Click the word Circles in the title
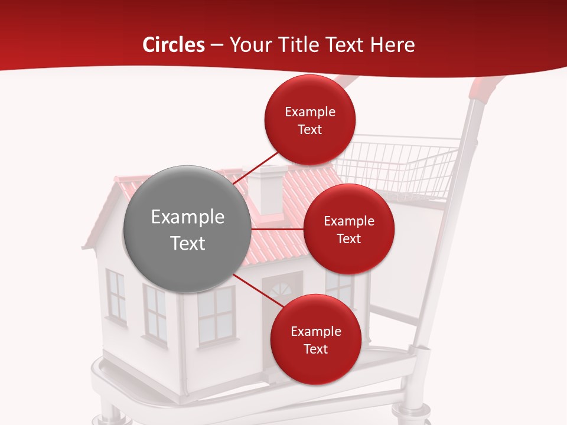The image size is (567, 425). [x=174, y=45]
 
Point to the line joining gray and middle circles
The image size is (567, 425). [x=277, y=228]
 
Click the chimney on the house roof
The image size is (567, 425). [x=268, y=188]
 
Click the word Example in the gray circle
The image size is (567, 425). [x=187, y=217]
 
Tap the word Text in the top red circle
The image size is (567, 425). [x=310, y=130]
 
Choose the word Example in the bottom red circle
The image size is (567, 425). [x=315, y=332]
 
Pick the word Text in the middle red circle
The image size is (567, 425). [x=348, y=238]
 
